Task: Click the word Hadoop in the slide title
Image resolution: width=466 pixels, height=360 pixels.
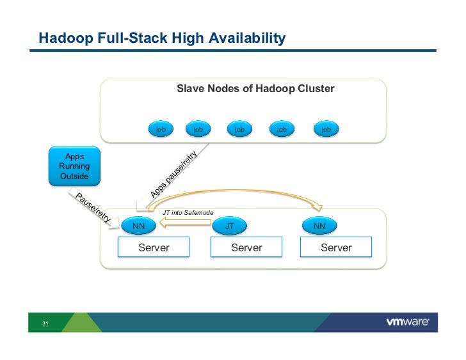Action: [x=66, y=38]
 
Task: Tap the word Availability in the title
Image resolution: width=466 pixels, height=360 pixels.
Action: [x=247, y=38]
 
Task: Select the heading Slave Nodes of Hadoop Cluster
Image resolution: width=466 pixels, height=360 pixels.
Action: [x=255, y=88]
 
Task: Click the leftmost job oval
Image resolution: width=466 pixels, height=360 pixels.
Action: [x=161, y=129]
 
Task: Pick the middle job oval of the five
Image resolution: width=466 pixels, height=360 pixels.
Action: [x=239, y=129]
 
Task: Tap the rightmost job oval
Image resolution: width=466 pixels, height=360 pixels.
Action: [x=326, y=129]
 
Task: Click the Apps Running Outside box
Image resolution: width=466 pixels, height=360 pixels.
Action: [x=74, y=166]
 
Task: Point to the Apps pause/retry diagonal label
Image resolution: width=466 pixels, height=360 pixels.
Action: [x=173, y=174]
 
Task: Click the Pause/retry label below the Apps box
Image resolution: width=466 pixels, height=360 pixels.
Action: [x=93, y=207]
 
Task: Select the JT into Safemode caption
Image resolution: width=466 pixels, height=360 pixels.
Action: [x=188, y=212]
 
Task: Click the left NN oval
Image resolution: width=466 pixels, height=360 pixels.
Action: [x=138, y=226]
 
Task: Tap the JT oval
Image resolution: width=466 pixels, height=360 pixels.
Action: [x=229, y=226]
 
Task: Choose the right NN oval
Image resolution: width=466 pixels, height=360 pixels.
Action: [x=319, y=226]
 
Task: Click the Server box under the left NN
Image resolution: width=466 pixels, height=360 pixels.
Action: [x=154, y=247]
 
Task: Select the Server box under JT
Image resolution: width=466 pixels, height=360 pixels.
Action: [x=246, y=247]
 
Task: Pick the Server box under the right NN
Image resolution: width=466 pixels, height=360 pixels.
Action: [x=336, y=247]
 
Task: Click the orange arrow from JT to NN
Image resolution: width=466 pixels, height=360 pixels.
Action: [x=185, y=223]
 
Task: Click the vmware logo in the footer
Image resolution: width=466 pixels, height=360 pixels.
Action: [x=408, y=322]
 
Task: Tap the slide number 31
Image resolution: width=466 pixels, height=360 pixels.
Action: [x=45, y=323]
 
